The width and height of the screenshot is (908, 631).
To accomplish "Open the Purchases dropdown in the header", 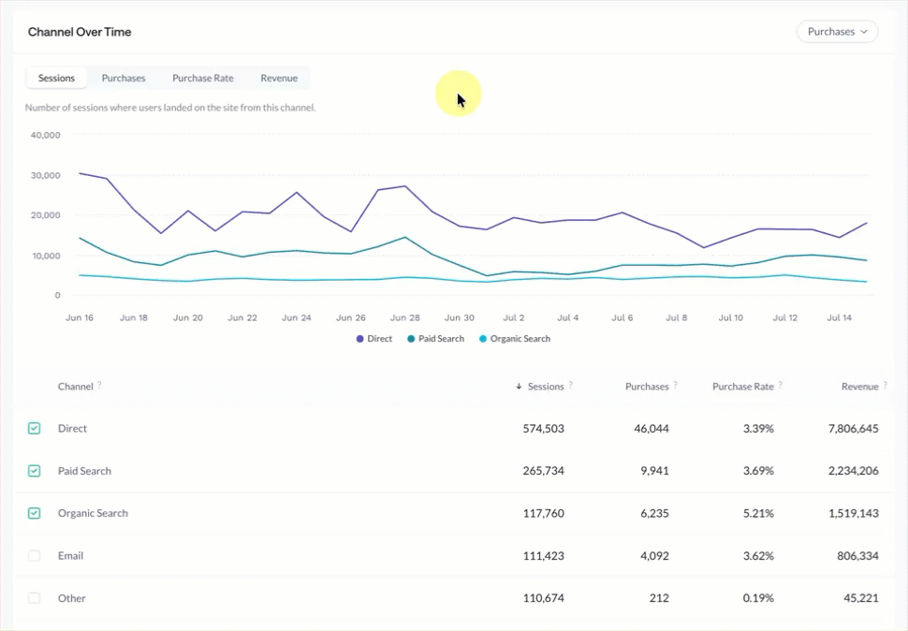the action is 837,32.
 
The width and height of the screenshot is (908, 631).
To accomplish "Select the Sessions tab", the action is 56,78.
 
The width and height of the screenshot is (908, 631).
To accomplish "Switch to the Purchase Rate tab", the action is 203,78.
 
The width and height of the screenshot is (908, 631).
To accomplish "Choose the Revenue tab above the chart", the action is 279,78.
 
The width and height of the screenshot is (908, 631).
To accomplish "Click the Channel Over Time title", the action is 80,32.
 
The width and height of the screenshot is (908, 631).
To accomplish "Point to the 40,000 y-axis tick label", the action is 45,135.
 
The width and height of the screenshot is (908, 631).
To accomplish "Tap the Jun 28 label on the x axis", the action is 404,317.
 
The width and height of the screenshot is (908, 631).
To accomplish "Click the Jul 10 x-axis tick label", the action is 731,317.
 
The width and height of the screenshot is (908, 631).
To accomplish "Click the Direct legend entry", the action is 374,339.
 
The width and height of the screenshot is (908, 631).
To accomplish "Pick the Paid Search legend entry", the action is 435,339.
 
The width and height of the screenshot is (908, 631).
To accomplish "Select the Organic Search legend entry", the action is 515,339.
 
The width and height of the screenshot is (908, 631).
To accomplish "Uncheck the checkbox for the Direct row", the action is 34,429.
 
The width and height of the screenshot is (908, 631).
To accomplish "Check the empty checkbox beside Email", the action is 34,556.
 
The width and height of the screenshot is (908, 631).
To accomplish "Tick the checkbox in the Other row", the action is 34,598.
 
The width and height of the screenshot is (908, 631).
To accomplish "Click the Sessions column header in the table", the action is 546,387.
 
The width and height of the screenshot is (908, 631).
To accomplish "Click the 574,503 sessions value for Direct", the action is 543,429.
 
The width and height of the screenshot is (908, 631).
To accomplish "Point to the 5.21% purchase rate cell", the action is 758,513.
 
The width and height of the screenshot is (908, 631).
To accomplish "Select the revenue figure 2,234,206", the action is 853,471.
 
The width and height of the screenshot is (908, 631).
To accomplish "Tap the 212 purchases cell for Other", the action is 659,598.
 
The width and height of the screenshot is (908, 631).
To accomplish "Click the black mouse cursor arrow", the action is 461,100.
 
